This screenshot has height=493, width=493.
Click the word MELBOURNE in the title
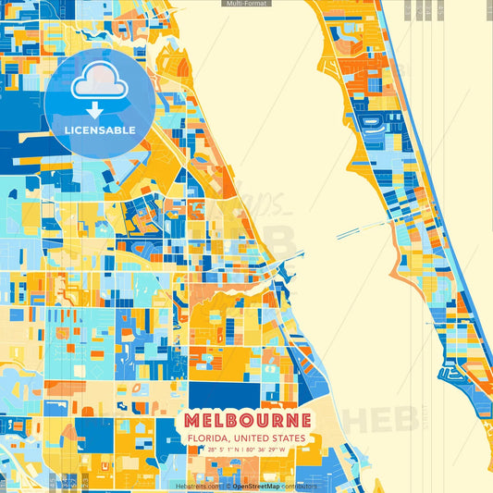click(x=247, y=422)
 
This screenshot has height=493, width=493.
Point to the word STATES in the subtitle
click(x=288, y=438)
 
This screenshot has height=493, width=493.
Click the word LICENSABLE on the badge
click(x=100, y=130)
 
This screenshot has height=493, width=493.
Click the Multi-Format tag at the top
click(x=246, y=4)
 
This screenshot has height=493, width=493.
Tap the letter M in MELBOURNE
click(x=191, y=422)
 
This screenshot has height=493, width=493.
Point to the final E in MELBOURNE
click(x=304, y=422)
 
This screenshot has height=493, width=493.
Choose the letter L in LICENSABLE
click(x=68, y=130)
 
